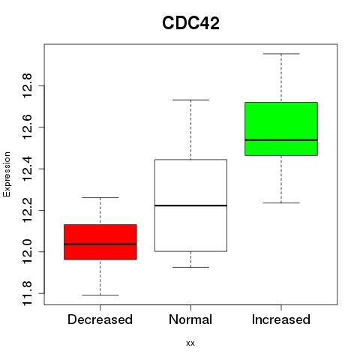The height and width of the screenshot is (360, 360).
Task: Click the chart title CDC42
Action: (x=190, y=23)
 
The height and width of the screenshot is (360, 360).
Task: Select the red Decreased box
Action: (x=100, y=242)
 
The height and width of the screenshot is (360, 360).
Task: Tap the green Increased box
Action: (x=281, y=129)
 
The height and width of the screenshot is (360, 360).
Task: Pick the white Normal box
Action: (x=190, y=205)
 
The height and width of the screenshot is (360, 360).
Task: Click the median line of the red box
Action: (x=100, y=244)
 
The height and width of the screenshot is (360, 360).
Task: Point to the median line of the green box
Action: (x=281, y=140)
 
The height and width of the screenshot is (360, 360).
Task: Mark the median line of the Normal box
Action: (x=190, y=205)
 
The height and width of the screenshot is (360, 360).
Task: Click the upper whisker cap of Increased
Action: (x=281, y=54)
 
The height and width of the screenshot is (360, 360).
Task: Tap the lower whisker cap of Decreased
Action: (x=100, y=295)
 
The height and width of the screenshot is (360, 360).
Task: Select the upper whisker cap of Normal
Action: (x=190, y=100)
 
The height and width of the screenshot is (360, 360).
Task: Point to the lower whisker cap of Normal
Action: (x=190, y=267)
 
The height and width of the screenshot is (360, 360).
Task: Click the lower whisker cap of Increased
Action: (x=281, y=202)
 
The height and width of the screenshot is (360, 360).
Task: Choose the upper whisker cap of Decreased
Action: (x=100, y=197)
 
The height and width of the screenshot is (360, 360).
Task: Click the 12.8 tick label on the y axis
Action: (x=27, y=85)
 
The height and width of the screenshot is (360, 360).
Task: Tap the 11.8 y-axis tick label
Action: (x=27, y=293)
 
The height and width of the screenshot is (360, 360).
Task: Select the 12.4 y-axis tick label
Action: (x=27, y=169)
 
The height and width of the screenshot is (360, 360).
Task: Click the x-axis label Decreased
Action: (x=100, y=319)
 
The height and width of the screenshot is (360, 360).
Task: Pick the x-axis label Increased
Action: (x=281, y=319)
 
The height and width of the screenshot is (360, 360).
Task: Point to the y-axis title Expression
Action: (x=7, y=174)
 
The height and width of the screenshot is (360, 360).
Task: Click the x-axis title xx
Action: (x=190, y=343)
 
